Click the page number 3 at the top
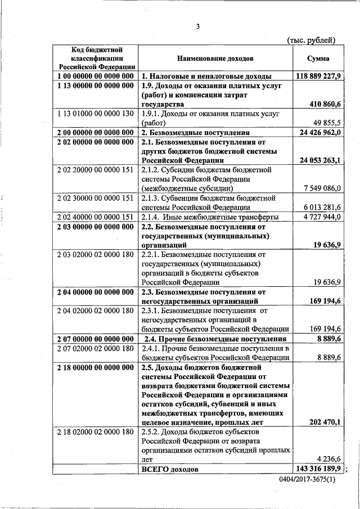198,26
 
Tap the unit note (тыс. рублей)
311,40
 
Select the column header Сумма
318,58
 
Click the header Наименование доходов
215,58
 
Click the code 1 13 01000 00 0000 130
96,113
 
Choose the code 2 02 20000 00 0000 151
96,169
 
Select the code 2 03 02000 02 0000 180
96,254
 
